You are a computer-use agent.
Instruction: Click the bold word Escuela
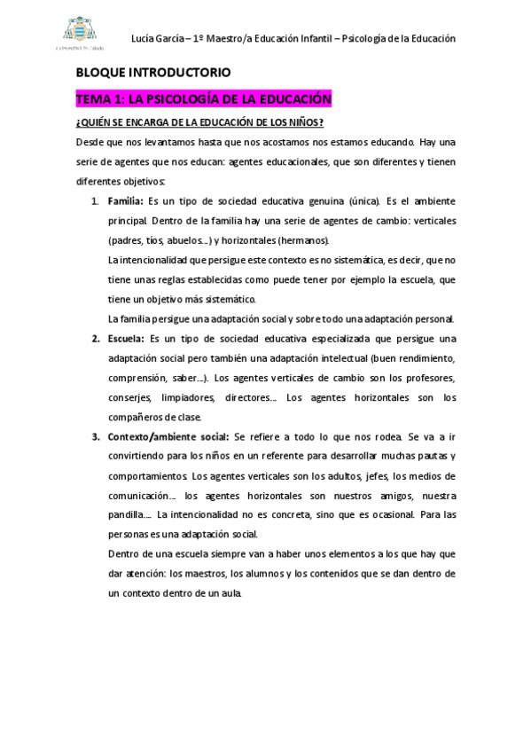point(125,338)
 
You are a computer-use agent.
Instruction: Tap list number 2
point(95,338)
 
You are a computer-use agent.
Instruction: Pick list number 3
point(95,437)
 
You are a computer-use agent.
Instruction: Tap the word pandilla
point(125,516)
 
